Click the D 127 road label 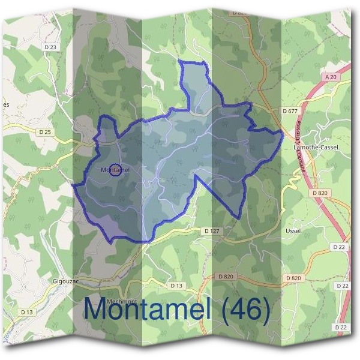210,230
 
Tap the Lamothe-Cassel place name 316,147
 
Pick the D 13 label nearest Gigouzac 26,312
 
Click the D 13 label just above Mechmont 175,286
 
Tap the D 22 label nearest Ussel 338,247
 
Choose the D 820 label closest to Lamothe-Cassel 320,193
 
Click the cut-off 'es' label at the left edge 6,104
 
